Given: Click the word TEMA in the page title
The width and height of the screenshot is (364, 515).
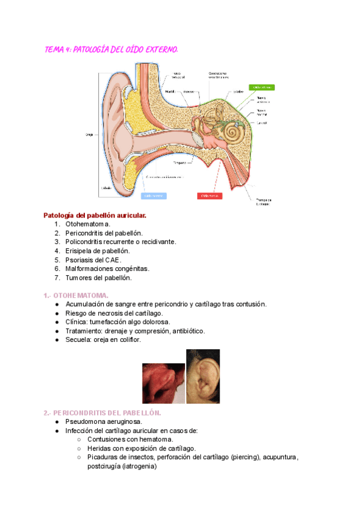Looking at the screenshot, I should (55, 50).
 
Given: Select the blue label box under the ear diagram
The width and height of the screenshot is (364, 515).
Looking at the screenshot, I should (154, 196).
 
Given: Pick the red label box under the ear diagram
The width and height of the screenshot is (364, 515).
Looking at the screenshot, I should (210, 196).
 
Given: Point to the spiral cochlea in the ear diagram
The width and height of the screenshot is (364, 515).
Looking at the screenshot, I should (231, 132).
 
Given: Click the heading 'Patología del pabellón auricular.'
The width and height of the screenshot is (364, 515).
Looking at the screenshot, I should (95, 216).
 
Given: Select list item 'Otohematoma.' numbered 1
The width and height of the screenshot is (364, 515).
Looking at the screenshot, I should (88, 224).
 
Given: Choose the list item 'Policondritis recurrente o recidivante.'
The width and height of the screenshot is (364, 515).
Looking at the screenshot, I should (121, 242).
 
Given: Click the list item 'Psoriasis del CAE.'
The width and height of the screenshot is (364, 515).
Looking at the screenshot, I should (98, 259).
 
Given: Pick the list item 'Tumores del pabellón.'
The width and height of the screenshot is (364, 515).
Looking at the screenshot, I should (98, 278).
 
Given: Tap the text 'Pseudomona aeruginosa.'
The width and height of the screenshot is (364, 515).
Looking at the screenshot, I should (104, 421).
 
